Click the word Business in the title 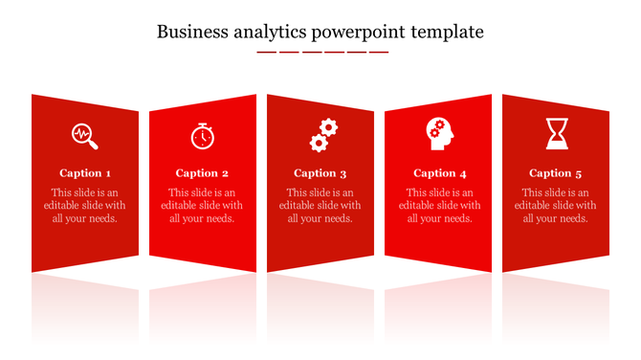tap(190, 32)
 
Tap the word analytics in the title tap(268, 32)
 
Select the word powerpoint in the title tap(359, 34)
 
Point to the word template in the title tap(448, 34)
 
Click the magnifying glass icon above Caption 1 tap(85, 135)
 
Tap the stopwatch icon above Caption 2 tap(202, 136)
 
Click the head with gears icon tap(440, 133)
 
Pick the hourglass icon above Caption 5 tap(556, 133)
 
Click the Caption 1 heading tap(85, 173)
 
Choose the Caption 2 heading tap(202, 173)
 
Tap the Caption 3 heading tap(320, 173)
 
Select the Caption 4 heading tap(440, 173)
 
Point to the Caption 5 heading tap(555, 173)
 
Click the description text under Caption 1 tap(85, 205)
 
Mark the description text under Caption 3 tap(320, 205)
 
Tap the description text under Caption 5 tap(555, 205)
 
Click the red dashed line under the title tap(322, 52)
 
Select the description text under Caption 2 tap(202, 205)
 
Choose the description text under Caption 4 tap(440, 205)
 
